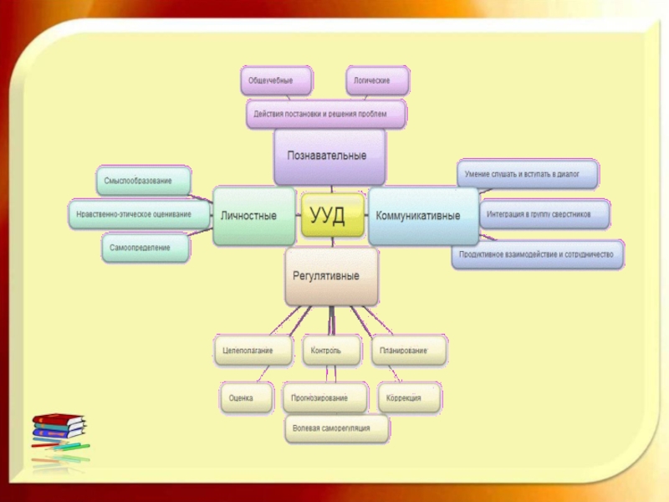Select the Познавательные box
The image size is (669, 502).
pos(329,156)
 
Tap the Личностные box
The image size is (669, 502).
pos(254,215)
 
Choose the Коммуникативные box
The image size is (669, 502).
pos(417,215)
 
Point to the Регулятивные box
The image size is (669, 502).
pos(331,275)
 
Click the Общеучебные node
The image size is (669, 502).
pos(277,81)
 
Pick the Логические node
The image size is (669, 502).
pos(378,81)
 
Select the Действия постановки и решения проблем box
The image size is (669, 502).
pos(326,113)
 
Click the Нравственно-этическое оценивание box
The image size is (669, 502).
pos(140,214)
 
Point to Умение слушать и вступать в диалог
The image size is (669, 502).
pos(528,174)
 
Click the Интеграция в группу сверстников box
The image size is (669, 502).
pos(544,214)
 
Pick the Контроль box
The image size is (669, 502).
pos(332,351)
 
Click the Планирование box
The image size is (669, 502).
pos(408,351)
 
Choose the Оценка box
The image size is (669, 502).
pos(246,397)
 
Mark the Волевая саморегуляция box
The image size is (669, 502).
pos(338,428)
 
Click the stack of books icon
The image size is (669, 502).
pos(59,431)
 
